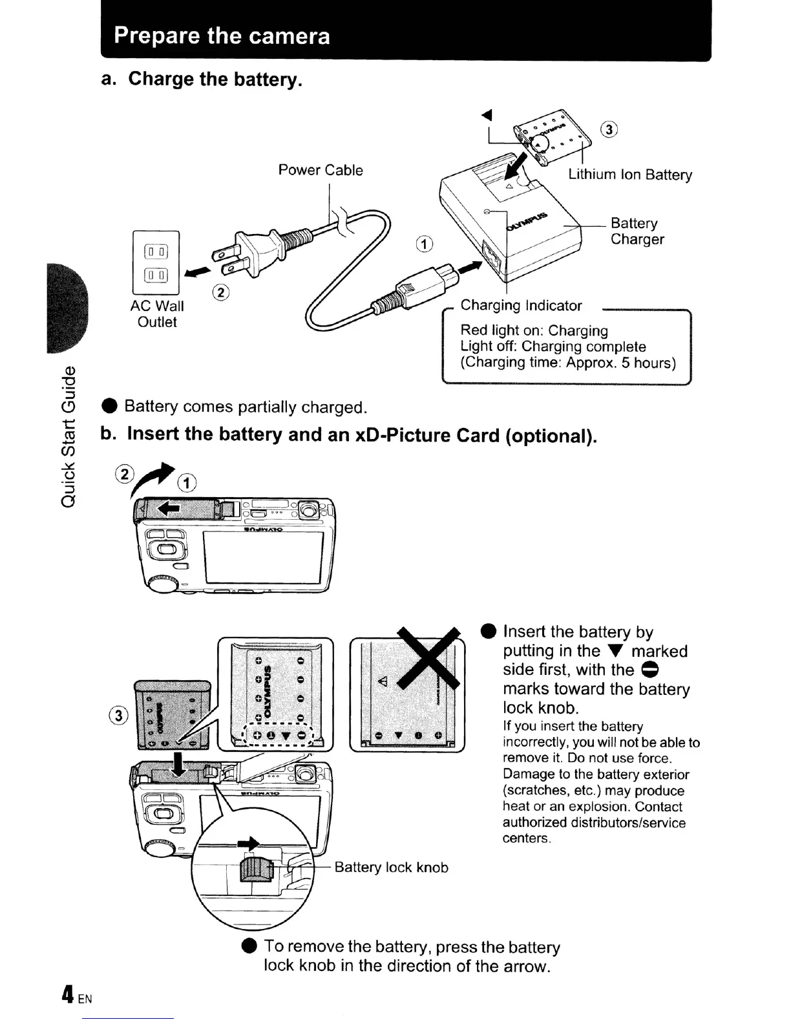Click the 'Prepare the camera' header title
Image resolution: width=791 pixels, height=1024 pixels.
[x=222, y=36]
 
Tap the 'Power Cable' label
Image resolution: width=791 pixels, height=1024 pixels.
[x=321, y=170]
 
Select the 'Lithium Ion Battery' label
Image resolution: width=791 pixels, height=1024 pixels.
[x=630, y=175]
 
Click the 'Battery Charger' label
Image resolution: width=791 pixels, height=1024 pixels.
[x=637, y=231]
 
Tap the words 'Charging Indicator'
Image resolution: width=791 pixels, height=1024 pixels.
[x=521, y=305]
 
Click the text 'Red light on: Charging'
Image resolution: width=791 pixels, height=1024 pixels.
[x=534, y=330]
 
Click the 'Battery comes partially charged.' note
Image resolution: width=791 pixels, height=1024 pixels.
[x=246, y=407]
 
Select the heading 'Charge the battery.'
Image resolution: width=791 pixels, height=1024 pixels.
[x=215, y=79]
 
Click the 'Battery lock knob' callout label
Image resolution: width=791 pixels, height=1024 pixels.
[x=391, y=868]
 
